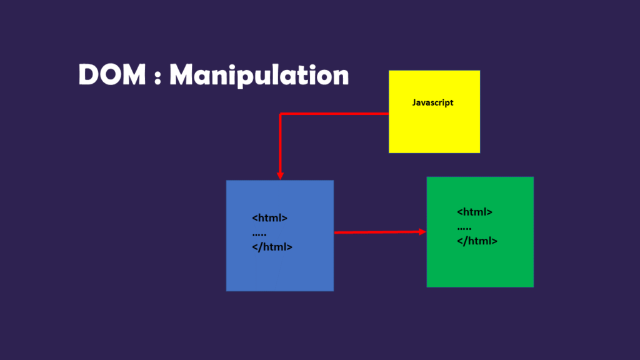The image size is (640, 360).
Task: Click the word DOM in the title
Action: pos(111,76)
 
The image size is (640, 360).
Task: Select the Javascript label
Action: pos(432,102)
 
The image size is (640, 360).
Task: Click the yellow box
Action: pos(434,128)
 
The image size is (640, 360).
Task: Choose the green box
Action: pos(480,262)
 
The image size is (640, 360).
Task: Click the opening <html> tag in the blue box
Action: pos(270,218)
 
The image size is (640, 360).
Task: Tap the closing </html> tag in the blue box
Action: pos(272,247)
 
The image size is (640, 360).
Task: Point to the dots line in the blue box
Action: pos(259,234)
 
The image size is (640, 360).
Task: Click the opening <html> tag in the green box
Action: pos(475,212)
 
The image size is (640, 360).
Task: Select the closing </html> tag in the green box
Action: pos(477,241)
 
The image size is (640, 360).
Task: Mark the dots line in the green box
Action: pos(464,227)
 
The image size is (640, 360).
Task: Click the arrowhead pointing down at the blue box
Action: pos(281,176)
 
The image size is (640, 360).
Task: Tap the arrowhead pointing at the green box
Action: pos(422,231)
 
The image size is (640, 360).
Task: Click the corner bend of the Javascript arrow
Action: pos(281,114)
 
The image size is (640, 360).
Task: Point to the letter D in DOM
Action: pos(89,76)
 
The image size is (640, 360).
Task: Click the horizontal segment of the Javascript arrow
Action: pos(334,114)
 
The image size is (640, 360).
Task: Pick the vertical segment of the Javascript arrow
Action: pos(281,144)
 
